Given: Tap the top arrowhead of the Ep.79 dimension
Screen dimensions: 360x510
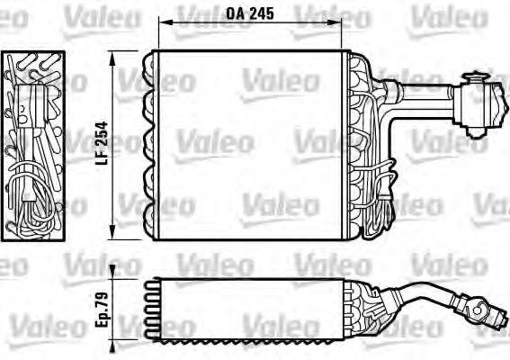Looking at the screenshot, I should (x=113, y=272).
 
